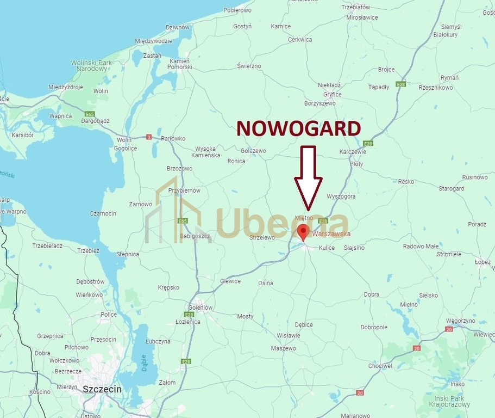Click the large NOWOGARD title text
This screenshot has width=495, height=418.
tap(299, 128)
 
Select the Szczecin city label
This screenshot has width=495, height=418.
tap(102, 389)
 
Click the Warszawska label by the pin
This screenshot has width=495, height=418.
tap(331, 234)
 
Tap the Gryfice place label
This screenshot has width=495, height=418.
tap(332, 94)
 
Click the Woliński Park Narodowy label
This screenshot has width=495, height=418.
tap(91, 66)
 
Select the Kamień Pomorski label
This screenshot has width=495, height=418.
tap(180, 64)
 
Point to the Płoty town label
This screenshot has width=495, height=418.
tap(356, 163)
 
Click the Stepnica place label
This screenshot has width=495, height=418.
tap(128, 254)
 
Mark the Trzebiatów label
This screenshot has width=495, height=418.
tap(356, 7)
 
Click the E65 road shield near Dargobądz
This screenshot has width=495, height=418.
tap(90, 114)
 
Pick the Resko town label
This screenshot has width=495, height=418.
tap(406, 182)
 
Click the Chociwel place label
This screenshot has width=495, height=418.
tap(380, 366)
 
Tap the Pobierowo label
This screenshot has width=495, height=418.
tap(237, 10)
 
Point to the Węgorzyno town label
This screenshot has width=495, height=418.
tap(460, 321)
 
